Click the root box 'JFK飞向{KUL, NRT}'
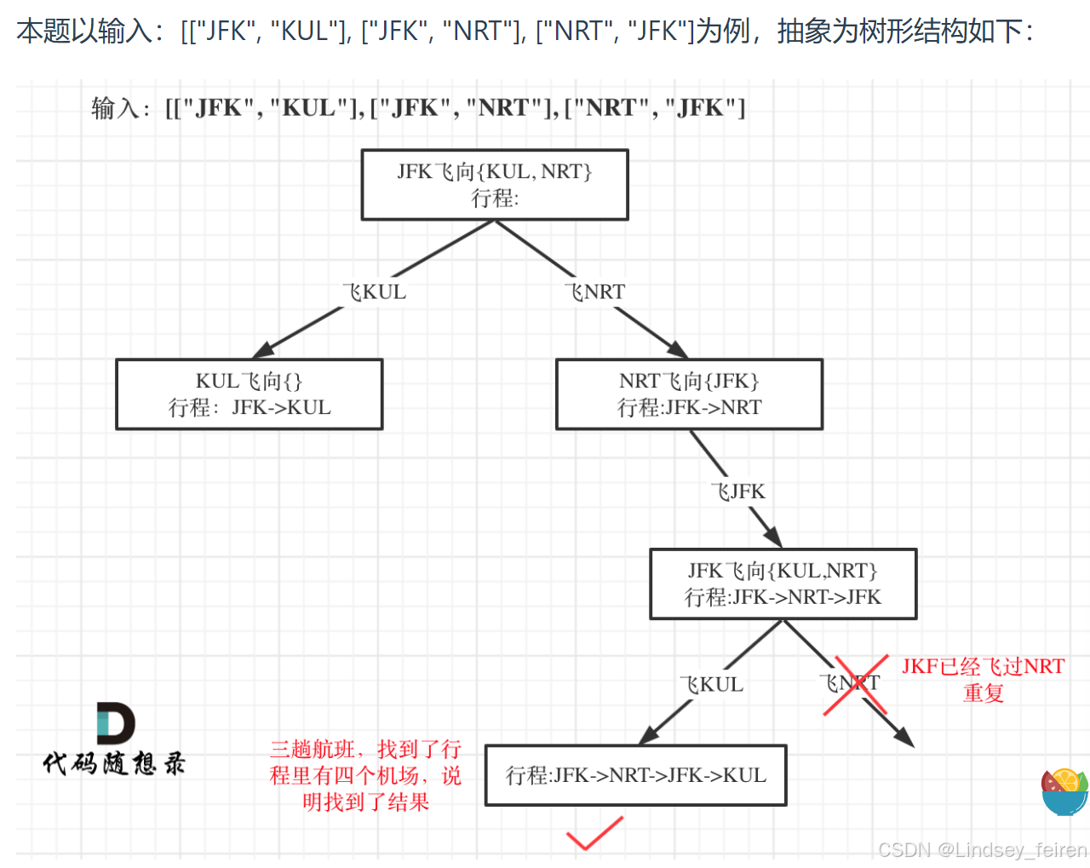pos(495,185)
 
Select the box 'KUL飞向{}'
pos(249,394)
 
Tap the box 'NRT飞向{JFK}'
pos(689,394)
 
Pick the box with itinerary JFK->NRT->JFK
pos(783,584)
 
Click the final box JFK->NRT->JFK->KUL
pos(635,775)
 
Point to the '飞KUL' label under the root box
pos(375,292)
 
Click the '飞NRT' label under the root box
pos(595,292)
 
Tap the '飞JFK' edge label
pos(738,491)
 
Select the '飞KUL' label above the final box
pos(712,685)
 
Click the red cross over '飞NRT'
pos(856,685)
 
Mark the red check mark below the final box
pos(594,833)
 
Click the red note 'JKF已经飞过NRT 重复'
pos(983,679)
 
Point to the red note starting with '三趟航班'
pos(365,775)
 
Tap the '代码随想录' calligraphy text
pos(114,762)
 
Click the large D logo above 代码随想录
pos(115,723)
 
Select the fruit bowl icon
pos(1064,792)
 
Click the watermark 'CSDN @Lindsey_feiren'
pos(982,850)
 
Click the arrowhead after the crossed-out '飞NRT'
pos(904,739)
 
